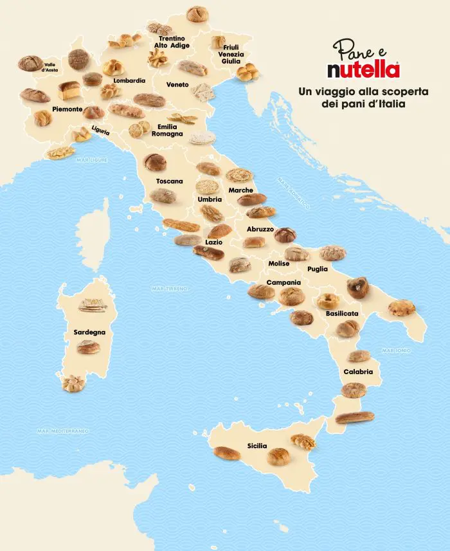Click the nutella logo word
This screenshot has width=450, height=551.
click(x=363, y=69)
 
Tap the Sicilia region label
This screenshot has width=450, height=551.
click(x=257, y=446)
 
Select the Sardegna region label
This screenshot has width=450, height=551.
click(x=89, y=332)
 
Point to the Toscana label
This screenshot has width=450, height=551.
click(x=170, y=181)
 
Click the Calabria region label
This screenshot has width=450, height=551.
click(x=358, y=372)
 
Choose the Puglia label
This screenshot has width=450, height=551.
click(x=318, y=269)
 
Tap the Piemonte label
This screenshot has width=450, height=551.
click(x=67, y=109)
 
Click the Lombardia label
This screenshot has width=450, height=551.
click(x=129, y=81)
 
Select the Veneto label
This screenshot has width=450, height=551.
click(x=177, y=85)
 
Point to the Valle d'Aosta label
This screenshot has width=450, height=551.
click(x=51, y=67)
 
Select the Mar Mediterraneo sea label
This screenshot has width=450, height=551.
click(x=62, y=431)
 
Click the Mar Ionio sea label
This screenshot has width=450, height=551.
click(x=396, y=350)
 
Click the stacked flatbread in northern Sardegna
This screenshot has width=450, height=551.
click(x=92, y=305)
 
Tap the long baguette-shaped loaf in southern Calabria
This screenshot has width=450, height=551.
click(x=354, y=417)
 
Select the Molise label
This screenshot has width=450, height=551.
click(x=279, y=264)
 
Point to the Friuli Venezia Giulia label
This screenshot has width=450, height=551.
click(x=233, y=55)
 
